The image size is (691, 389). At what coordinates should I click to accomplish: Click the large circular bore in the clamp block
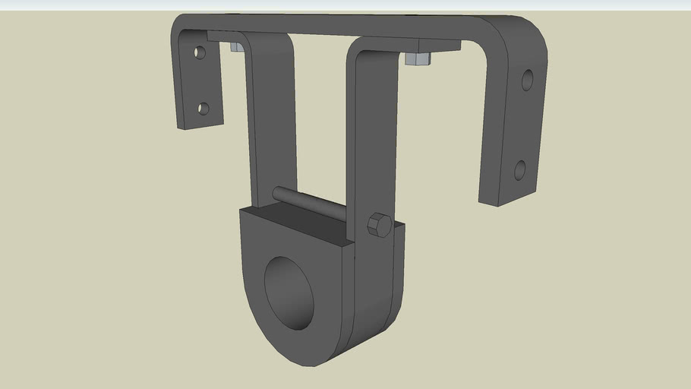coord(289,293)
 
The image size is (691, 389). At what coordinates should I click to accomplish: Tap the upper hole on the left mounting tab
coord(200,53)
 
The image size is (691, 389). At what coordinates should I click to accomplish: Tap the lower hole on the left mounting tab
coord(203,109)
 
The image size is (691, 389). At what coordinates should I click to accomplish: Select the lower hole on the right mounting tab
coord(520,169)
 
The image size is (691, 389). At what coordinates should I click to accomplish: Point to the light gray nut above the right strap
coord(418,59)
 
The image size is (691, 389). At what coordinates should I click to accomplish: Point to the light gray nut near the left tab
coord(236,47)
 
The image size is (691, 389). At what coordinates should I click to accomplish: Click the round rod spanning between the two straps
coord(311,204)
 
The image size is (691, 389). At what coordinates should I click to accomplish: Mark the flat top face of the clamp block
coord(296,224)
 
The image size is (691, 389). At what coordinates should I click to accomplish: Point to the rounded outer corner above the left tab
coord(180,23)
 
